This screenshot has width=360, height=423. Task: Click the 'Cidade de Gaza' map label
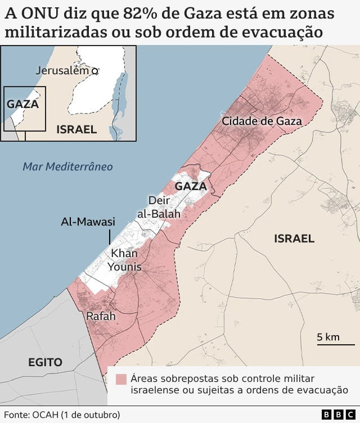[x=262, y=121]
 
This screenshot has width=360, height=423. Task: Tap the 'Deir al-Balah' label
[x=159, y=207]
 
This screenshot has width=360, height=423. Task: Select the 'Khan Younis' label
[x=124, y=260]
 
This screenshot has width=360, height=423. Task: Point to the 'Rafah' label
[x=101, y=317]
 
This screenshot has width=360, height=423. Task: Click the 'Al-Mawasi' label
[x=88, y=222]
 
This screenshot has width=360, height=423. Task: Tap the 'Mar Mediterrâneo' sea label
[x=67, y=166]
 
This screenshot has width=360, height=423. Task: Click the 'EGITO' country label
[x=45, y=362]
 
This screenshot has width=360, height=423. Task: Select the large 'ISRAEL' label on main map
[x=294, y=238]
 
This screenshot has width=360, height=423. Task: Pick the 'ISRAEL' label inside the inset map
[x=76, y=129]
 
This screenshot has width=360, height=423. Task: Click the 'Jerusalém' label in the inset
[x=62, y=70]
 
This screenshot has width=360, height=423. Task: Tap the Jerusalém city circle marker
[x=95, y=71]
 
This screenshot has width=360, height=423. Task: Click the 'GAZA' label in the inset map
[x=22, y=104]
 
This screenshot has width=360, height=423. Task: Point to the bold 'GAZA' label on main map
[x=191, y=186]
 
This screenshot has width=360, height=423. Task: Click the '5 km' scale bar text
[x=328, y=337]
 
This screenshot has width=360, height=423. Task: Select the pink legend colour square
[x=121, y=379]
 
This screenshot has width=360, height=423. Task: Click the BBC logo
[x=334, y=415]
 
